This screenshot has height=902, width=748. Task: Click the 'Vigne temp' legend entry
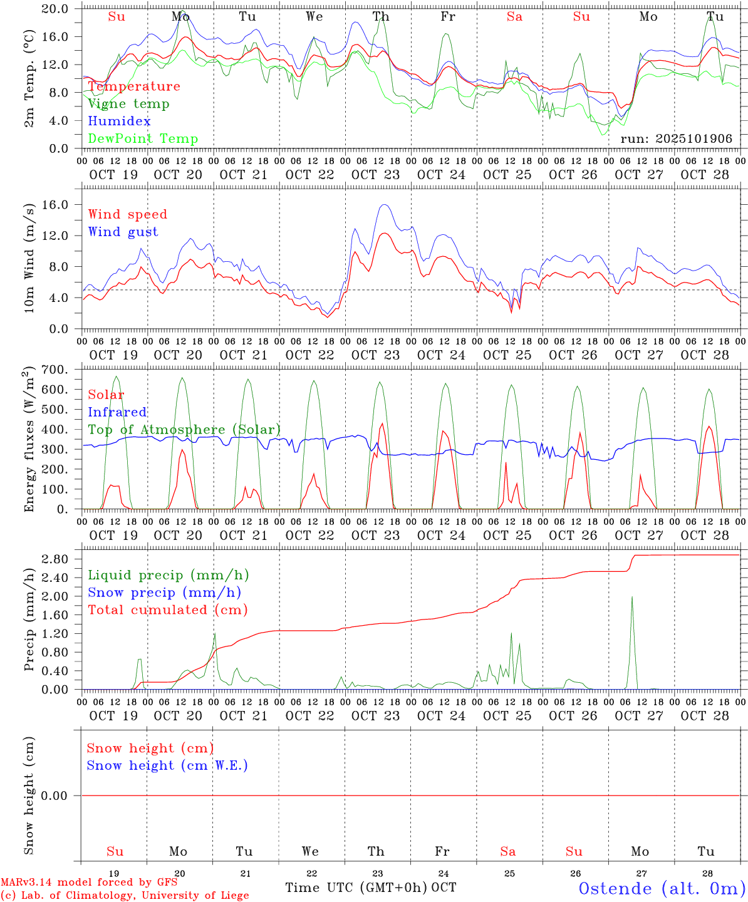click(128, 104)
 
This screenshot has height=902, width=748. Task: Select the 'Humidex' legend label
click(119, 122)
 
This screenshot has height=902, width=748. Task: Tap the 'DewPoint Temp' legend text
click(143, 139)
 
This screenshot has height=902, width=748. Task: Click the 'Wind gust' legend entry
click(123, 232)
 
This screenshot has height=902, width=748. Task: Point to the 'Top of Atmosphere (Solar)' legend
click(184, 430)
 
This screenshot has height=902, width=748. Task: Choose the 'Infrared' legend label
click(117, 412)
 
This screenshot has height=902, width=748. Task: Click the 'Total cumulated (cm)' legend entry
click(168, 610)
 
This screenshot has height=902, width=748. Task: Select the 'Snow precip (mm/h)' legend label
click(164, 593)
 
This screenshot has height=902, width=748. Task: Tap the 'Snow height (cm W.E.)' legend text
click(167, 765)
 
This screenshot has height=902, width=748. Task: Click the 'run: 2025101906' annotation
click(676, 139)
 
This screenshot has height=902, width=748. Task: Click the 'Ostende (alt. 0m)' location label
click(662, 888)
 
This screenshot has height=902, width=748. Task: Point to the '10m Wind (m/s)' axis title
click(29, 258)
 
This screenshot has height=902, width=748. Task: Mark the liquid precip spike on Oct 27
click(632, 597)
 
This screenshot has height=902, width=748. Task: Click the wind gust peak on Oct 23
click(384, 205)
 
